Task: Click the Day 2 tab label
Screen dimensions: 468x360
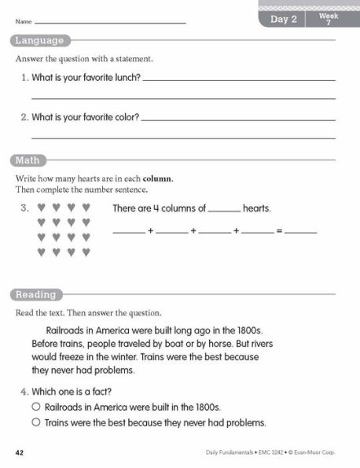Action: (x=283, y=20)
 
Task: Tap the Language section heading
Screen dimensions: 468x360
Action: (x=39, y=41)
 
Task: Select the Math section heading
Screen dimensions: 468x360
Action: (x=28, y=161)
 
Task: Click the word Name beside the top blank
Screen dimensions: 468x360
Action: (x=23, y=22)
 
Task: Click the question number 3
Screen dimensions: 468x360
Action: (x=24, y=208)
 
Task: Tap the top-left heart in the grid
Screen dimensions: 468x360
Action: (x=41, y=208)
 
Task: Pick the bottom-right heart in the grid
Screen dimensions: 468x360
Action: (x=86, y=252)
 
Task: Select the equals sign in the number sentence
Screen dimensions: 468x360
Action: (x=278, y=233)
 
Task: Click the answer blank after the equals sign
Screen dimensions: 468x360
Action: (x=300, y=233)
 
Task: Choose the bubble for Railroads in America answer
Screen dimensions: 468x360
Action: (x=35, y=407)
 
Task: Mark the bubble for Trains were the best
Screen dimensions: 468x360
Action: (x=35, y=422)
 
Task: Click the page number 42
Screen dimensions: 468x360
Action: (x=20, y=453)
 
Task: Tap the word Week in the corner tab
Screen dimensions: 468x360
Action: (x=329, y=16)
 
